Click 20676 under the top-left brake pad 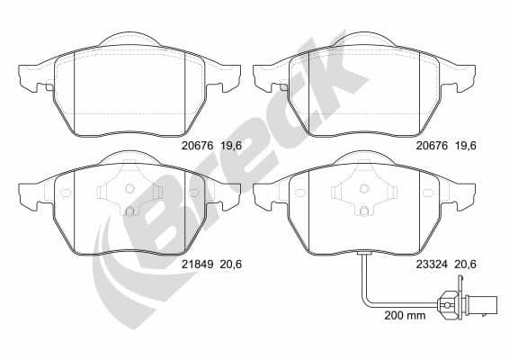(x=195, y=143)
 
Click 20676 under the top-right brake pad (x=431, y=143)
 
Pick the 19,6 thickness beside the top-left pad (x=231, y=143)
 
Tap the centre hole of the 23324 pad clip (x=366, y=189)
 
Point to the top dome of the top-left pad (x=129, y=40)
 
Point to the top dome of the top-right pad (x=366, y=40)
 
